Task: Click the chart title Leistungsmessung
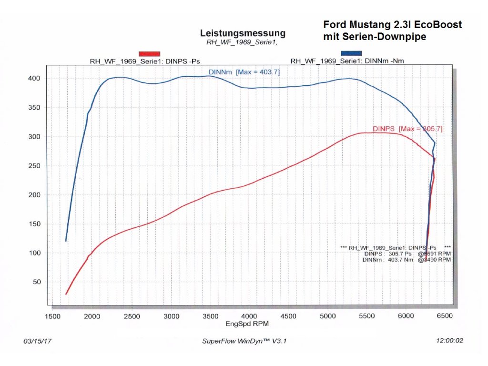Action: [x=243, y=33]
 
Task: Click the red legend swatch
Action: [x=149, y=53]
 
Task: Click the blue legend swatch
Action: [x=351, y=53]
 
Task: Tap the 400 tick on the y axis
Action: [x=36, y=78]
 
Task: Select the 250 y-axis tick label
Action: [x=36, y=166]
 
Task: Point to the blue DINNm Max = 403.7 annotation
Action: [x=244, y=72]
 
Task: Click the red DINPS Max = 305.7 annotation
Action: [x=407, y=129]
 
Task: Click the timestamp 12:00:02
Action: [x=449, y=341]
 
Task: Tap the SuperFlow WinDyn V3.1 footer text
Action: [x=244, y=341]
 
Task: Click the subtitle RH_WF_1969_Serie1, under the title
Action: [x=242, y=42]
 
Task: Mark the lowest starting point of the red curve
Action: [x=66, y=294]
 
